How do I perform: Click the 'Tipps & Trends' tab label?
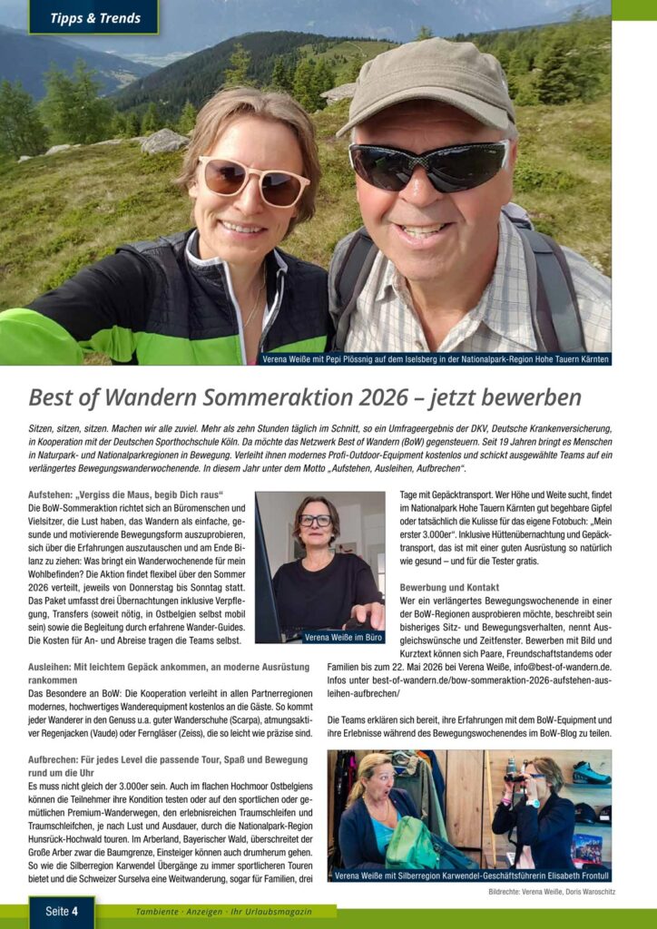click(x=94, y=18)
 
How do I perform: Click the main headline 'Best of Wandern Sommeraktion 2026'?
click(x=305, y=397)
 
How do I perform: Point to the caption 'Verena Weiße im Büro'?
click(x=344, y=637)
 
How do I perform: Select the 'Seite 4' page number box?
click(x=62, y=911)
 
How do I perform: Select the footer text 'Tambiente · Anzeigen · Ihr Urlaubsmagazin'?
click(x=222, y=911)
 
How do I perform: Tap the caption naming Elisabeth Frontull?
click(x=468, y=875)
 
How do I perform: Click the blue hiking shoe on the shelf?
click(x=591, y=773)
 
